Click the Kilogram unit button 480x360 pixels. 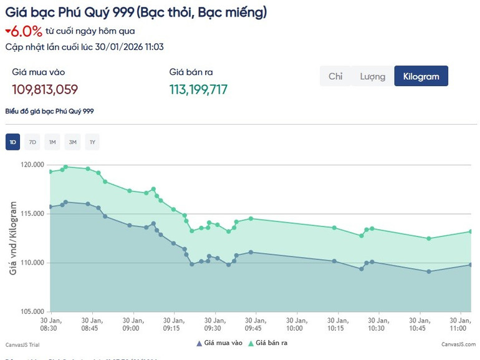point(421,76)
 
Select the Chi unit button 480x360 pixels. point(335,76)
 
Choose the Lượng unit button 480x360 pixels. point(372,76)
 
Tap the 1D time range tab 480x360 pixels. point(12,142)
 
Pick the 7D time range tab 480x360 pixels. point(32,142)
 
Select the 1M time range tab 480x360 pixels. point(52,142)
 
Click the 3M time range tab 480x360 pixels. point(72,142)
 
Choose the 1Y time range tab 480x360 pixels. point(92,142)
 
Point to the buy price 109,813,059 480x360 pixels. point(45,89)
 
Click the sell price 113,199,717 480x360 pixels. point(198,89)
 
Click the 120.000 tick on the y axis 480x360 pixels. point(33,165)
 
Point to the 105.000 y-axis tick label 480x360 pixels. point(33,311)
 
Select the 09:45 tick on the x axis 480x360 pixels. point(254,324)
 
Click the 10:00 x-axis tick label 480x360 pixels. point(295,324)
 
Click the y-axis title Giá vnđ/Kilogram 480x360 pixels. point(12,238)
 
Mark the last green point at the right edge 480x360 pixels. point(471,231)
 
